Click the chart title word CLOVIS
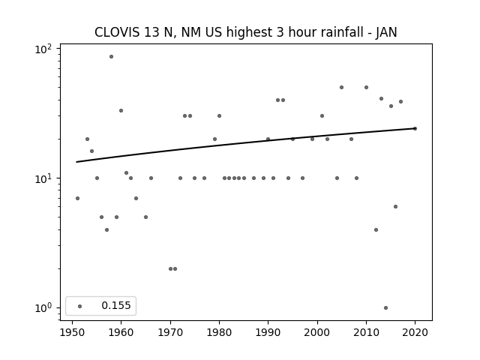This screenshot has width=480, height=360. pyautogui.click(x=117, y=32)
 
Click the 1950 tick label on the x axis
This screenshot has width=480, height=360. pyautogui.click(x=72, y=332)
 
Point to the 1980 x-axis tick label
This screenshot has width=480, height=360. pyautogui.click(x=219, y=332)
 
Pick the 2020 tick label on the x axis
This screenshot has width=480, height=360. pyautogui.click(x=415, y=332)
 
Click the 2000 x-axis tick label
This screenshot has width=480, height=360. pyautogui.click(x=317, y=332)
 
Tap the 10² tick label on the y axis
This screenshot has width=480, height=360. pyautogui.click(x=43, y=49)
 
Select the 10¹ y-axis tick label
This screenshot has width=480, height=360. pyautogui.click(x=43, y=178)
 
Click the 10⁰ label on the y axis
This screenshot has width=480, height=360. pyautogui.click(x=43, y=308)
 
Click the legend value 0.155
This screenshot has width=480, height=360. pyautogui.click(x=116, y=305)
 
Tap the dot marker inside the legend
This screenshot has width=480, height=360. pyautogui.click(x=80, y=306)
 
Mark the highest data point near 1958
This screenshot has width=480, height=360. pyautogui.click(x=112, y=57)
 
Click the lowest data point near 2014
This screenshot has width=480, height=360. pyautogui.click(x=385, y=308)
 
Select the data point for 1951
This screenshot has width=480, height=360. pyautogui.click(x=77, y=198)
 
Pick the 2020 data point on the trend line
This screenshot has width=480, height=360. pyautogui.click(x=415, y=128)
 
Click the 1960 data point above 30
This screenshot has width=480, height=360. pyautogui.click(x=121, y=110)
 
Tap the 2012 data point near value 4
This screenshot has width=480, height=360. pyautogui.click(x=376, y=230)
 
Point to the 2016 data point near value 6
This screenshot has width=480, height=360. pyautogui.click(x=395, y=207)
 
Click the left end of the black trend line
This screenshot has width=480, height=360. pyautogui.click(x=76, y=162)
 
